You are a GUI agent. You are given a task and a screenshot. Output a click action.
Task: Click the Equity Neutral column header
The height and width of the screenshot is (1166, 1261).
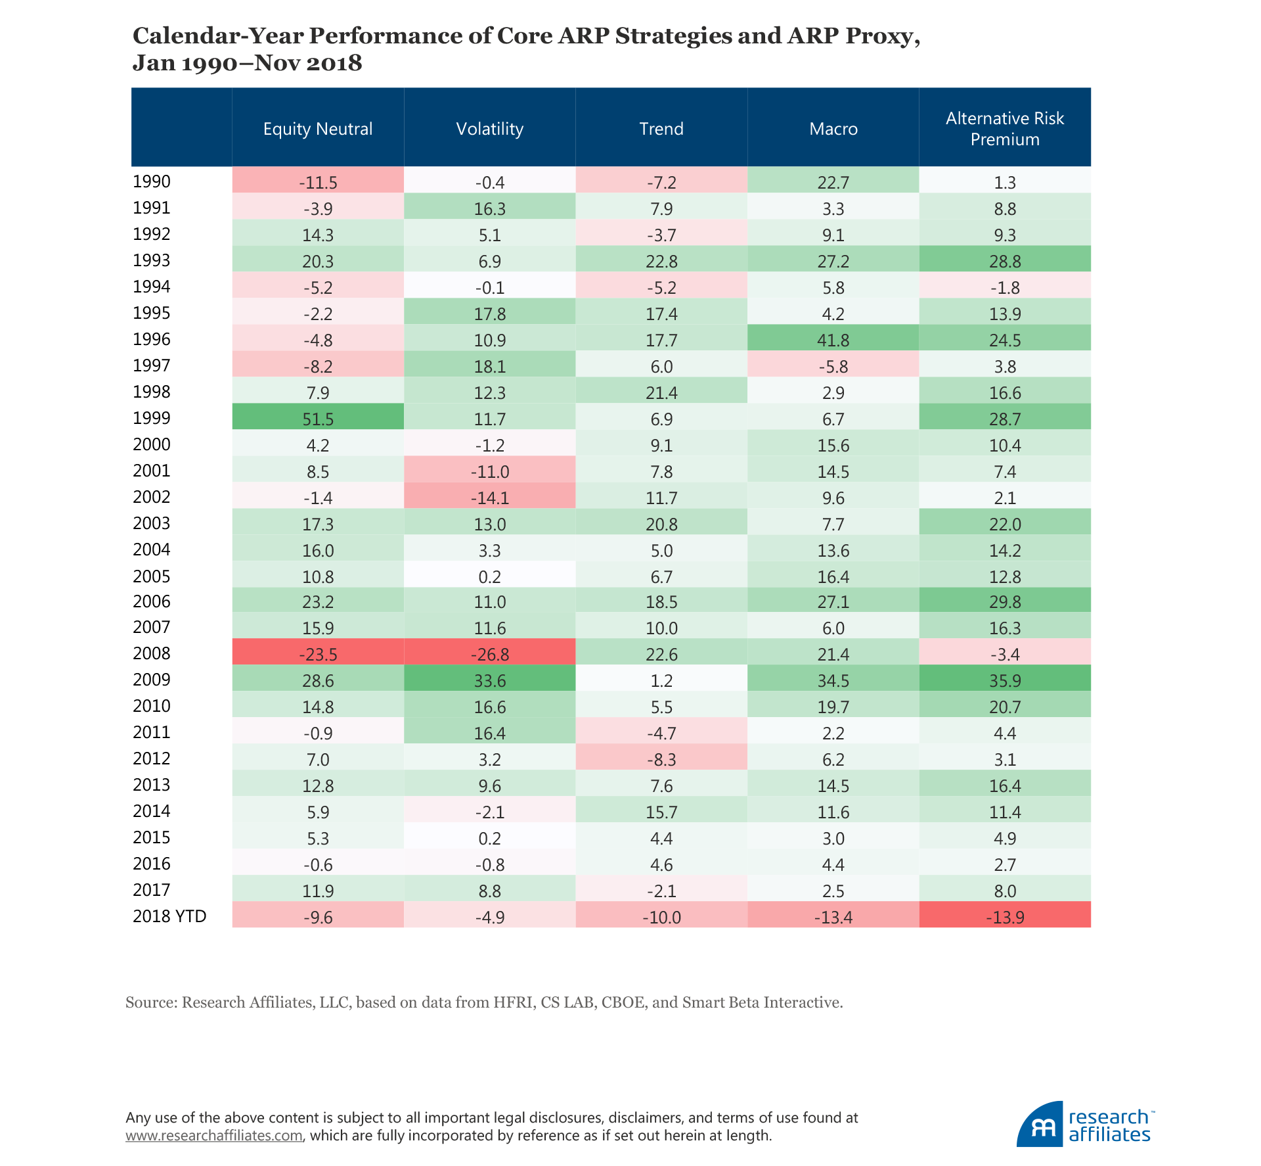(x=318, y=129)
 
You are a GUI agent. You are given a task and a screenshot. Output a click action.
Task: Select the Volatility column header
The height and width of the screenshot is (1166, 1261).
(x=489, y=129)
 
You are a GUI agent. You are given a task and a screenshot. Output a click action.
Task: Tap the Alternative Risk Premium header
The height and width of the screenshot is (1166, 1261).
(x=1004, y=129)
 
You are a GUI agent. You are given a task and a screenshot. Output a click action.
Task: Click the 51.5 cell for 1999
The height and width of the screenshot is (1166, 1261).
(x=318, y=419)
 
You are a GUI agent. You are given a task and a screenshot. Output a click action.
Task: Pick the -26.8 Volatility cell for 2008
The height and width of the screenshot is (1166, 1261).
(x=489, y=654)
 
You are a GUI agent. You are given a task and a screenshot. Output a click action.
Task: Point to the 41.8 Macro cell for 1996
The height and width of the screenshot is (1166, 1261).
(x=833, y=340)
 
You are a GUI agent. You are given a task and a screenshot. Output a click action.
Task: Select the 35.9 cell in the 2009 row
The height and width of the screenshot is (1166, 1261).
(x=1004, y=680)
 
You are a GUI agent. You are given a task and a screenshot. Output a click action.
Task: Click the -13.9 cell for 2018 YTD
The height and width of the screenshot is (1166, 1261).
(x=1004, y=917)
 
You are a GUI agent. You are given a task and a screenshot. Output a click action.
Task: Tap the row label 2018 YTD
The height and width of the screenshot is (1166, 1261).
(x=169, y=916)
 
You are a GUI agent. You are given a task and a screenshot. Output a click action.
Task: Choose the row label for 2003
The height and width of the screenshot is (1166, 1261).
(x=152, y=524)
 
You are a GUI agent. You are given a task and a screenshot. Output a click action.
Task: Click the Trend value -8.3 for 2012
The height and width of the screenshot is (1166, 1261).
(x=661, y=759)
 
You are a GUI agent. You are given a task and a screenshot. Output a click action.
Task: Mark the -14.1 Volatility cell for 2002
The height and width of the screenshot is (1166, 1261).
(x=489, y=498)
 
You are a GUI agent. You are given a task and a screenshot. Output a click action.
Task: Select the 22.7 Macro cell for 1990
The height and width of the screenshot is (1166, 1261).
(x=833, y=182)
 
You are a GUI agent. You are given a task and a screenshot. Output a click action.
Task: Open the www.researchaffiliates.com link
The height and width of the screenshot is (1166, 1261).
(x=214, y=1135)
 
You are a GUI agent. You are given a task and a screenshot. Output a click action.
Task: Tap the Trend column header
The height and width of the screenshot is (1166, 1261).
(x=661, y=129)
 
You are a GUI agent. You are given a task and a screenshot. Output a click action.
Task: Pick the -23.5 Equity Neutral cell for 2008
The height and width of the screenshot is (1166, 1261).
(x=318, y=654)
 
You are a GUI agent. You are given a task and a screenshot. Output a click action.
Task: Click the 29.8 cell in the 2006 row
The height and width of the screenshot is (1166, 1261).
(x=1004, y=602)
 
